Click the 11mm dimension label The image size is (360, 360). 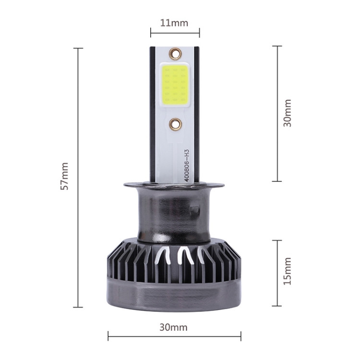point(174,23)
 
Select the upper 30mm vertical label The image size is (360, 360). point(287,113)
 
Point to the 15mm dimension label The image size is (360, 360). point(287,271)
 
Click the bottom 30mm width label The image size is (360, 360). point(174,327)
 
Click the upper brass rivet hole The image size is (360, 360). point(175,53)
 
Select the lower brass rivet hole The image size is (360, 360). point(175,124)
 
